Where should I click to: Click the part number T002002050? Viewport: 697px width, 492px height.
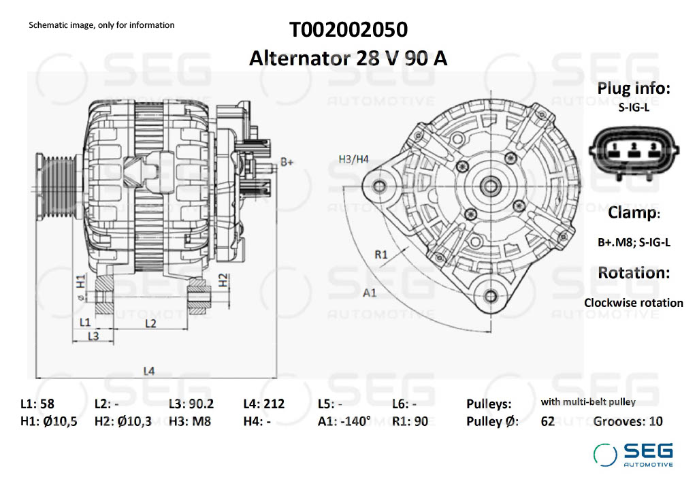[348, 31]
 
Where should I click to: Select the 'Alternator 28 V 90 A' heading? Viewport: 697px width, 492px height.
[348, 58]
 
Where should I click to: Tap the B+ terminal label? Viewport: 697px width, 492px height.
[287, 162]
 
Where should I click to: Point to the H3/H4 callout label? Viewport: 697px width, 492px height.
[353, 159]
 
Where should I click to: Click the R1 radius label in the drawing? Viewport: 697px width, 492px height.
[381, 255]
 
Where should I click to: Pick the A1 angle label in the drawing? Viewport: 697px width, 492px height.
[370, 293]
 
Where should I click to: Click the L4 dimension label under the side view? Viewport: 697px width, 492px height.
[149, 371]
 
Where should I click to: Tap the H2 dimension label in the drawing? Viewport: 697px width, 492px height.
[223, 279]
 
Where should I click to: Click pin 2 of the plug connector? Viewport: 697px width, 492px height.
[634, 148]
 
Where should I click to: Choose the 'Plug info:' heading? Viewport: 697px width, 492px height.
[634, 88]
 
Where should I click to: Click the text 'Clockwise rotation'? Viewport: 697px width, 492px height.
[634, 303]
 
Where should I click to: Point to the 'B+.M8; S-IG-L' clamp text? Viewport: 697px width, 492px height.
[634, 242]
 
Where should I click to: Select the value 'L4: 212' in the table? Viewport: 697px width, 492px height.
[263, 404]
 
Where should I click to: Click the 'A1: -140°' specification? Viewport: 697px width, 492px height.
[344, 421]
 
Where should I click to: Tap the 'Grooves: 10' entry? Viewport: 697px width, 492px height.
[628, 421]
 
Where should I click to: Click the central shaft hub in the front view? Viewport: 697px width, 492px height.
[489, 185]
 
